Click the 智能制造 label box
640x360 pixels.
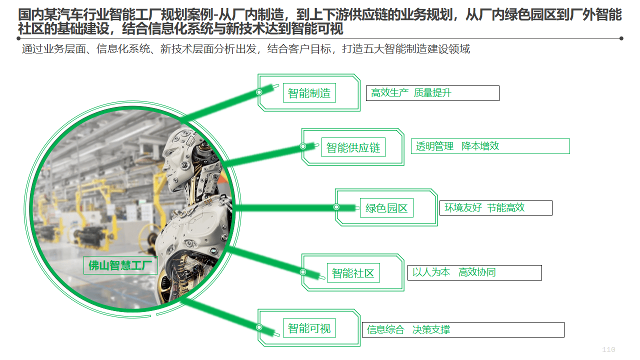click(x=309, y=93)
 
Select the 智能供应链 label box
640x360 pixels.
click(x=353, y=147)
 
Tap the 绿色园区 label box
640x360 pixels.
click(x=386, y=207)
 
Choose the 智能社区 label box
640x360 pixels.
click(x=353, y=273)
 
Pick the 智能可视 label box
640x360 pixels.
click(x=309, y=328)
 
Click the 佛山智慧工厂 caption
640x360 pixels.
click(x=120, y=265)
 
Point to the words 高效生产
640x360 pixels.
click(x=389, y=93)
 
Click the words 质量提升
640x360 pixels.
click(x=432, y=93)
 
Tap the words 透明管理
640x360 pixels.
click(x=434, y=146)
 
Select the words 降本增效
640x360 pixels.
click(x=480, y=146)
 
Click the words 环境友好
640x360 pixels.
click(x=463, y=207)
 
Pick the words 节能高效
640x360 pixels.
click(x=505, y=207)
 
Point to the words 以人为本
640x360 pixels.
click(x=431, y=272)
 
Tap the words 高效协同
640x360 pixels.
click(x=477, y=272)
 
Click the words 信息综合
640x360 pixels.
click(x=385, y=329)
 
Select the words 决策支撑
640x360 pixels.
click(x=431, y=329)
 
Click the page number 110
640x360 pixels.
click(x=608, y=349)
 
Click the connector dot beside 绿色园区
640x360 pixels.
click(x=336, y=207)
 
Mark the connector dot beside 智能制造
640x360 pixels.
click(x=259, y=92)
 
